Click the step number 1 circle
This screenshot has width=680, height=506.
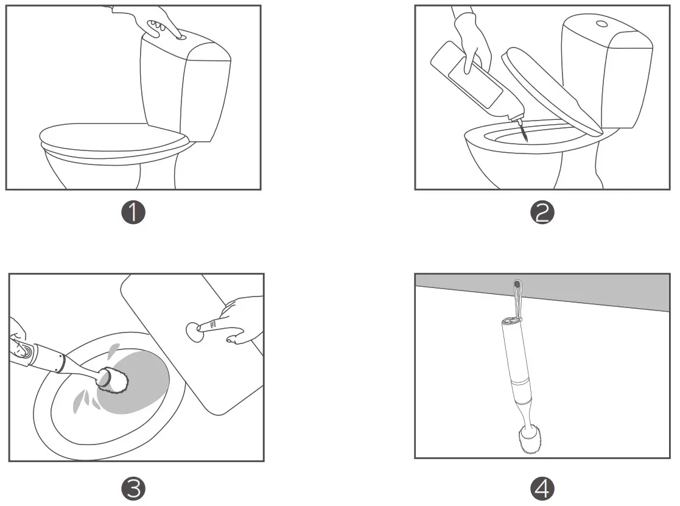tap(133, 213)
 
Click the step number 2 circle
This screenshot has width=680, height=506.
tap(542, 213)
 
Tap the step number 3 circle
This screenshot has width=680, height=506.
tap(133, 488)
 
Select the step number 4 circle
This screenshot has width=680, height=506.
tap(542, 488)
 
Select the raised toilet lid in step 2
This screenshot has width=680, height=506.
tap(551, 91)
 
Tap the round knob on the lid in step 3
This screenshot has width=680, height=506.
tap(194, 331)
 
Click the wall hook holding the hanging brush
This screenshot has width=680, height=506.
tap(517, 285)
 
